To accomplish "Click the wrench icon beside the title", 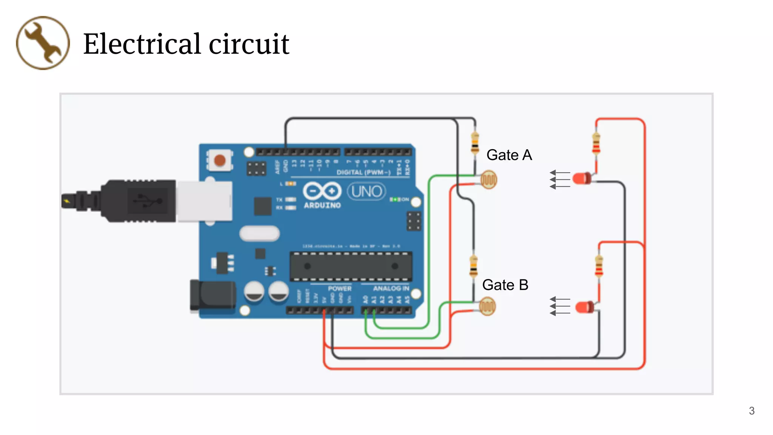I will (x=43, y=43).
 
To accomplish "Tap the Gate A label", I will (x=509, y=155).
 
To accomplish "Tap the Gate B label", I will (x=505, y=285).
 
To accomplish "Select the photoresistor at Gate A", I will (x=489, y=180).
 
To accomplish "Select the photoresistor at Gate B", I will (x=487, y=306).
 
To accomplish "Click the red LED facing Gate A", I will (x=582, y=178).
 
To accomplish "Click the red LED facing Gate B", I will (x=584, y=307).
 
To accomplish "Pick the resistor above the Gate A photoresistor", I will (x=475, y=143).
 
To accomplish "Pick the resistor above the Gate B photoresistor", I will (x=473, y=266).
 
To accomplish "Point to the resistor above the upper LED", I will (x=596, y=143).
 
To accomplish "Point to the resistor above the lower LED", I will (x=599, y=267).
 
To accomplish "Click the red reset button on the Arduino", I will (x=220, y=160).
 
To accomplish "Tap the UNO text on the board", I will (x=366, y=191).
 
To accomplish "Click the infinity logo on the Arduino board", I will (x=322, y=191).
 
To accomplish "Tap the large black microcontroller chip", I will (x=351, y=266).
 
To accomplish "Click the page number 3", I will (x=751, y=411).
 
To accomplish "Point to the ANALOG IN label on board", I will (x=391, y=288).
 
